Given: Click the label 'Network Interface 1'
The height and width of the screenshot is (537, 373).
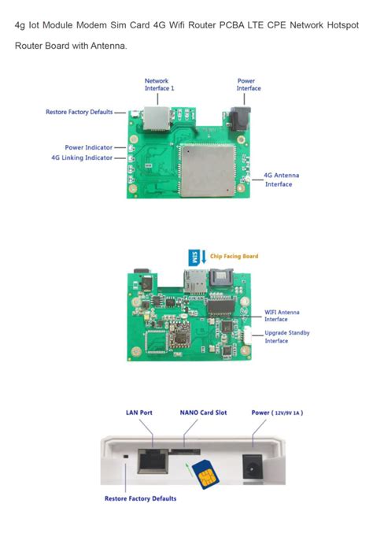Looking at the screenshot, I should click(157, 84).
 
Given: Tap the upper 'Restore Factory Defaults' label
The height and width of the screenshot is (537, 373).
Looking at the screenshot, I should click(79, 112).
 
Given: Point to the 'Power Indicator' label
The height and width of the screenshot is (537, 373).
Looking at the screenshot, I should click(88, 147).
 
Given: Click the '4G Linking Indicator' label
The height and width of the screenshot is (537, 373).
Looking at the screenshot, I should click(82, 157).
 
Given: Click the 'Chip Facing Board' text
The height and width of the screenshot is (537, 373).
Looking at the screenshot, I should click(235, 256).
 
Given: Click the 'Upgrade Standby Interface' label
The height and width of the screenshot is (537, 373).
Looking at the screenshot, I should click(286, 337).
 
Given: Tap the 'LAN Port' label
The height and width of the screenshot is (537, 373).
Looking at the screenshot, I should click(139, 412).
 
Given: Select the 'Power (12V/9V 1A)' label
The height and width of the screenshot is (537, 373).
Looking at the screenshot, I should click(277, 412).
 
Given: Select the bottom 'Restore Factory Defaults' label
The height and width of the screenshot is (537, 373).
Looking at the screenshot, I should click(140, 498).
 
